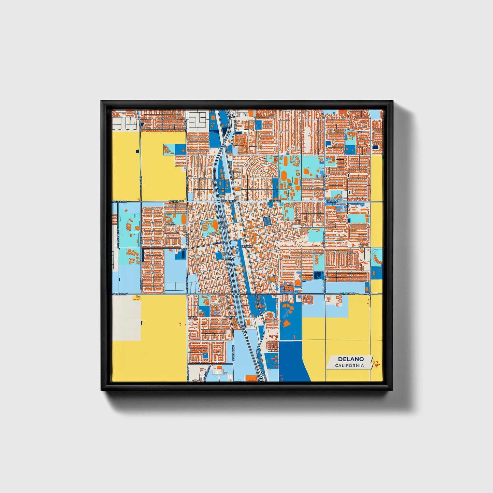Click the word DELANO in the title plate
tap(351, 359)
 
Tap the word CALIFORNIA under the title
tap(349, 366)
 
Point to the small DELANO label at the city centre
tap(247, 246)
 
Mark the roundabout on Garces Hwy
tap(370, 294)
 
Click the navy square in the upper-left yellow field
tap(137, 151)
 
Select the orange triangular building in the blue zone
tap(287, 322)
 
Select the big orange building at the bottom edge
tap(251, 378)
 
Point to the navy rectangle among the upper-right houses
tap(376, 147)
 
